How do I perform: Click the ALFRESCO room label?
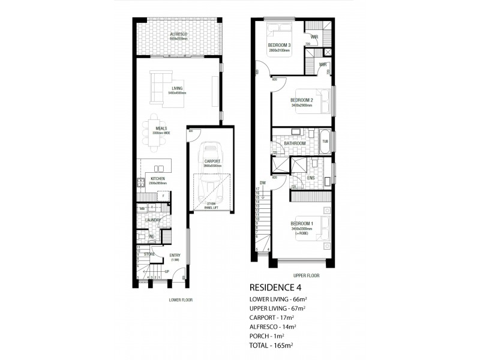(x=178, y=35)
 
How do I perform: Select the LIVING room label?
(x=177, y=89)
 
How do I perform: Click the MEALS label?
(x=161, y=128)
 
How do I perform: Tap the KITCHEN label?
(x=158, y=179)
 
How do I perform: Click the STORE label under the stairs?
(x=149, y=254)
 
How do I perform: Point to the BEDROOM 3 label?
(x=280, y=45)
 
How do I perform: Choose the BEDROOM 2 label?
(x=301, y=100)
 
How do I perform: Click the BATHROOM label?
(x=295, y=143)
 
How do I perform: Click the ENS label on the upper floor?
(x=311, y=178)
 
